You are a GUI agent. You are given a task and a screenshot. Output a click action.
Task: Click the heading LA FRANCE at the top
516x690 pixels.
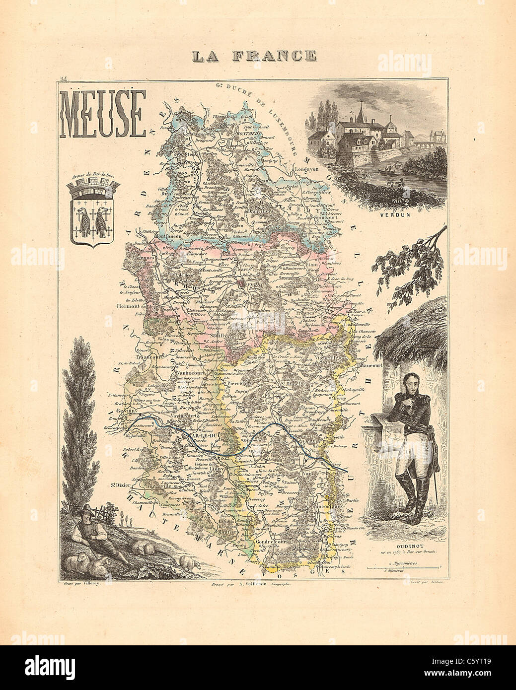255,55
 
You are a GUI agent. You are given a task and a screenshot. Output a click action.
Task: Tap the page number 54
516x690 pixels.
63,79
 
